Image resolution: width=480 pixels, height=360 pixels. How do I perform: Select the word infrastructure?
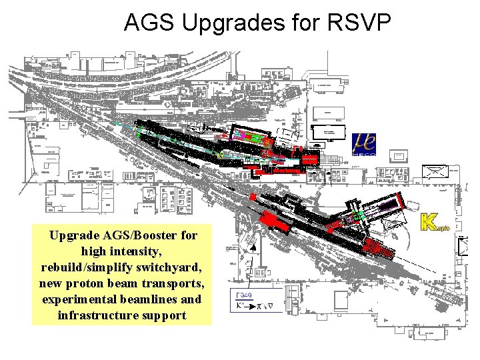(x=97, y=315)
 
